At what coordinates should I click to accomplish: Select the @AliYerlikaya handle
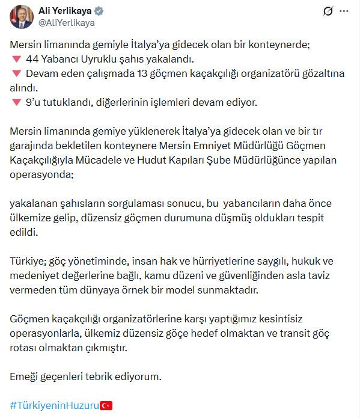(66, 23)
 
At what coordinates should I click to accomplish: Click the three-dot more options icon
(344, 11)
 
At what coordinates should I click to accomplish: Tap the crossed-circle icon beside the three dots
(328, 11)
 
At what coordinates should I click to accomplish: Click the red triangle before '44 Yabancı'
(16, 60)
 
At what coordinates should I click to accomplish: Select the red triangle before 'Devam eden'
(16, 74)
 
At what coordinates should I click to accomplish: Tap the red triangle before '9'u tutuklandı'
(16, 103)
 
